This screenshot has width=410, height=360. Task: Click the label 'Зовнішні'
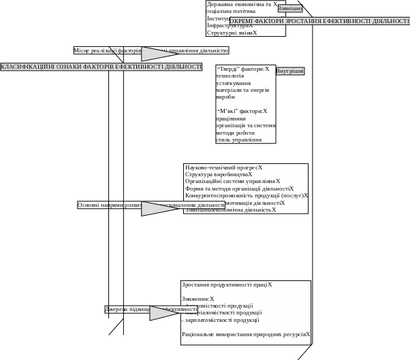290,9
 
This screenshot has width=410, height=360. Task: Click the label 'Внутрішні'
289,71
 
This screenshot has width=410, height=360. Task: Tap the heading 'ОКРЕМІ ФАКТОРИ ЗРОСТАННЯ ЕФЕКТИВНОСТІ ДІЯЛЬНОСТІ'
319,21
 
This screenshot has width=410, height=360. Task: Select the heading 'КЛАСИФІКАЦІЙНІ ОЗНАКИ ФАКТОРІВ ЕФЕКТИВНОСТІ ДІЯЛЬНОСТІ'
101,67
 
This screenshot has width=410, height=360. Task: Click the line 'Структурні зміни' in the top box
231,33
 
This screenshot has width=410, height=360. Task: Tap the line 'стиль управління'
238,140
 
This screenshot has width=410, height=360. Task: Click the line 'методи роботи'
235,133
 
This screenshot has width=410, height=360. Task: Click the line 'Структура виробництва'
217,174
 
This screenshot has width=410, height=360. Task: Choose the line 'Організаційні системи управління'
231,182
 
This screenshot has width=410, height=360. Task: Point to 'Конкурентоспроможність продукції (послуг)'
245,195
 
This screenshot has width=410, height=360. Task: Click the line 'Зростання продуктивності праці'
225,285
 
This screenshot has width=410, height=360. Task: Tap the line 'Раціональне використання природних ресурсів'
245,334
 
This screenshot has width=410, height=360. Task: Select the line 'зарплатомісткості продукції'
222,320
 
